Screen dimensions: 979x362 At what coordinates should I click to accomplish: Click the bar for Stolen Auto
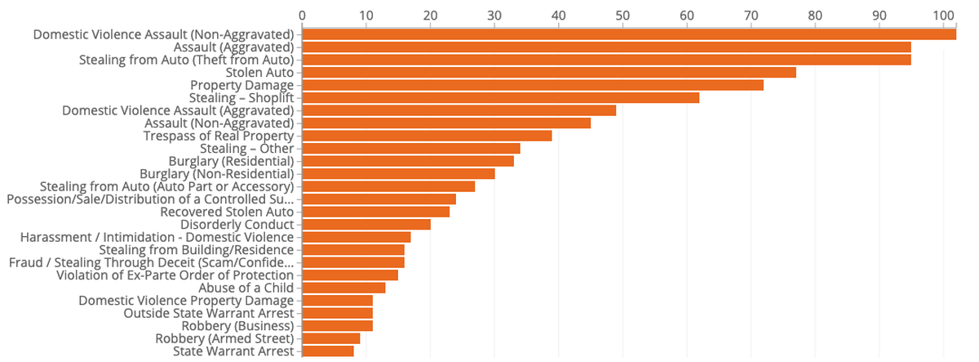click(549, 72)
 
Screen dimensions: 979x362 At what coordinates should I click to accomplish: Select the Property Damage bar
click(533, 85)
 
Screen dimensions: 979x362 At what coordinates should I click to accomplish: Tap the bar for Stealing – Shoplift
click(500, 97)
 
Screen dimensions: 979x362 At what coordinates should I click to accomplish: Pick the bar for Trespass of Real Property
click(427, 136)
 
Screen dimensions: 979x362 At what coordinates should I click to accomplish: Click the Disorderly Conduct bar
click(366, 225)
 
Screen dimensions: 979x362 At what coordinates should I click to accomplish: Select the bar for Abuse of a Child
click(343, 288)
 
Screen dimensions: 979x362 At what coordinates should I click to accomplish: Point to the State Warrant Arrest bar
click(328, 351)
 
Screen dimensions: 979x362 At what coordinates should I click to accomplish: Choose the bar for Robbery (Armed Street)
click(331, 338)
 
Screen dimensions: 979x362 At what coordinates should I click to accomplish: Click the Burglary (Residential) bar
click(408, 161)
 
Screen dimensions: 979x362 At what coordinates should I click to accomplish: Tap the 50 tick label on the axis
click(622, 16)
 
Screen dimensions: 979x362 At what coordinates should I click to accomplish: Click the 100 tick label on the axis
click(944, 16)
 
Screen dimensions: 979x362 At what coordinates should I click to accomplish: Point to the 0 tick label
click(302, 16)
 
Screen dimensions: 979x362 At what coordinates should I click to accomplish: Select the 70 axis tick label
click(751, 16)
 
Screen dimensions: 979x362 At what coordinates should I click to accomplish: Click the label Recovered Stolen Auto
click(227, 212)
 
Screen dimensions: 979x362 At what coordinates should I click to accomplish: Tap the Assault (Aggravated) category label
click(234, 47)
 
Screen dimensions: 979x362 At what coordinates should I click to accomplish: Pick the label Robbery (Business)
click(237, 326)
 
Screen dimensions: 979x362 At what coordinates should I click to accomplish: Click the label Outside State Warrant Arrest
click(209, 314)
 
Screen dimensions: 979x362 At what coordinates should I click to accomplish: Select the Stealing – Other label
click(247, 149)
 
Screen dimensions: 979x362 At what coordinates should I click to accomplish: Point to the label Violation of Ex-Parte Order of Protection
click(175, 275)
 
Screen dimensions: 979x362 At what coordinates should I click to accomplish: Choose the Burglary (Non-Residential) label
click(217, 174)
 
